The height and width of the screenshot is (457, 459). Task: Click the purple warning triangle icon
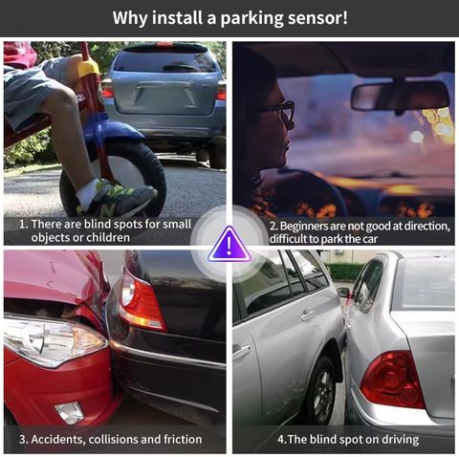point(229,245)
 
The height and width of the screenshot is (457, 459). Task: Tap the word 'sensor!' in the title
point(317,17)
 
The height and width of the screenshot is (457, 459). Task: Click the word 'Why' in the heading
point(130,18)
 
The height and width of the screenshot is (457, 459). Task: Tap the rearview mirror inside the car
point(400,97)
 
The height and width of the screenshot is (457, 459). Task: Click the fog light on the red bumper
point(69,413)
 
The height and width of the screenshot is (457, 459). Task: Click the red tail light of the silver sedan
point(392,380)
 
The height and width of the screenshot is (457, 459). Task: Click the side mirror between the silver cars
point(344,292)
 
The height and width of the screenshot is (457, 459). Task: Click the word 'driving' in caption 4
point(400,440)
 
